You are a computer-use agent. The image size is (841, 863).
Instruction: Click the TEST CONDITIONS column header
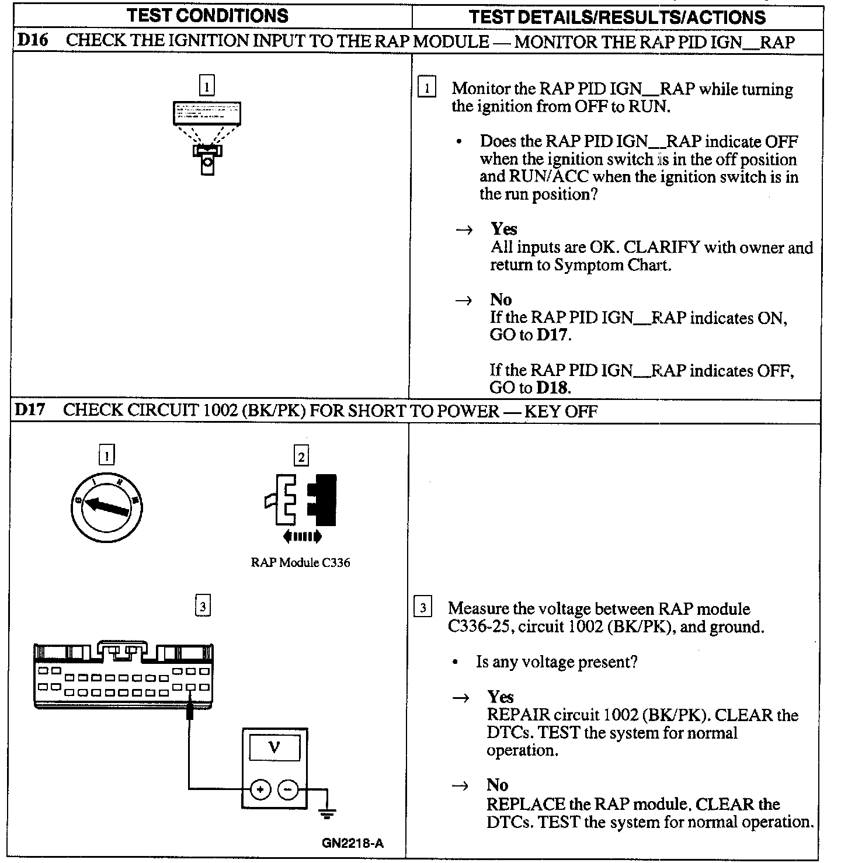tap(208, 16)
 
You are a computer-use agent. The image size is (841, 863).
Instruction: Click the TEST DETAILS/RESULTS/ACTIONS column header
tap(617, 17)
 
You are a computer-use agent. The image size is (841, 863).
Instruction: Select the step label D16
tap(32, 41)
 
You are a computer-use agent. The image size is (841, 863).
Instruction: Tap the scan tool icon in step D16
tap(207, 137)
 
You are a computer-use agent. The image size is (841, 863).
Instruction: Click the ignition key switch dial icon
tap(106, 506)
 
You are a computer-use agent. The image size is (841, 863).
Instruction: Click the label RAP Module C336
tap(300, 563)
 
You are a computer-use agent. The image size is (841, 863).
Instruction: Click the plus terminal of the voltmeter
tap(260, 790)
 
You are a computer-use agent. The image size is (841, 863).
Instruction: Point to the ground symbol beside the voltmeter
tap(327, 810)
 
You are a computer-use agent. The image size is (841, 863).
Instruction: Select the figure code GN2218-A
tap(352, 844)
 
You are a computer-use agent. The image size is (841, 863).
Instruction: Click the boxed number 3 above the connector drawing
tap(202, 607)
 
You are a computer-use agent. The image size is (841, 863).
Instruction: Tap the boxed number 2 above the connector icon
tap(301, 457)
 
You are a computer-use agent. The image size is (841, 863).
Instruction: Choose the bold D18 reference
tap(552, 388)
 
